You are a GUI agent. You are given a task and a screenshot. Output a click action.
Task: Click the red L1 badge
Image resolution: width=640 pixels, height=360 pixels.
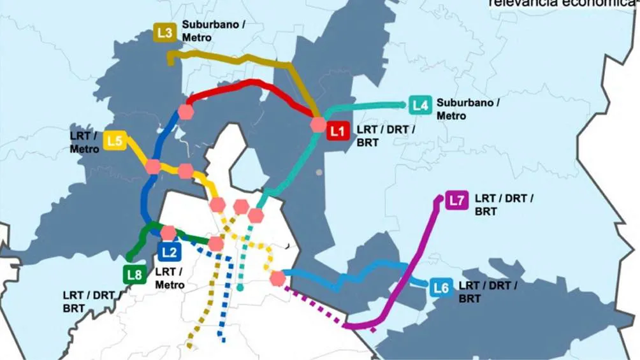tap(337, 132)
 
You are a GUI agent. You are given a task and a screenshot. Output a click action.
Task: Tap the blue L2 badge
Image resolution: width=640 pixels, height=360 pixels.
tap(169, 252)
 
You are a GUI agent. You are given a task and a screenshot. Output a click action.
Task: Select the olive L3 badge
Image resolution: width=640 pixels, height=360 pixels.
tap(164, 32)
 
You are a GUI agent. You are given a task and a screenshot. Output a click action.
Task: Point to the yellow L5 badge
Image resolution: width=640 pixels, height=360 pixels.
tap(115, 141)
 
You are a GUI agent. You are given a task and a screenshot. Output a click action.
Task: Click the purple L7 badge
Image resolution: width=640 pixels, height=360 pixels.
tap(456, 200)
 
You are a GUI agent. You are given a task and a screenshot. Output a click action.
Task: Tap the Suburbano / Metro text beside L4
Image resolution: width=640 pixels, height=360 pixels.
tap(468, 109)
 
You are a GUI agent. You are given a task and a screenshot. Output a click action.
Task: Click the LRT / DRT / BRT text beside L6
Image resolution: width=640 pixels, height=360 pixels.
tap(488, 292)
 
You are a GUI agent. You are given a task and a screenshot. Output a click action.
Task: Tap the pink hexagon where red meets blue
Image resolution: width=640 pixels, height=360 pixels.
tap(186, 111)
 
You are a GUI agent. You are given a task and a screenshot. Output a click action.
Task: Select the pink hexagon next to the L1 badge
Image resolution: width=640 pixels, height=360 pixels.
tap(318, 125)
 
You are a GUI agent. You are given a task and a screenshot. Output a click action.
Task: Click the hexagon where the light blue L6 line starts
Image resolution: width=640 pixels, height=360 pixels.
tap(277, 278)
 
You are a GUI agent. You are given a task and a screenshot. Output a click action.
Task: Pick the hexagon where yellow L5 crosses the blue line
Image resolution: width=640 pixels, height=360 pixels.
tap(153, 167)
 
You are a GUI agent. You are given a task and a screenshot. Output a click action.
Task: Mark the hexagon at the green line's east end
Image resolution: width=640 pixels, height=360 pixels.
tap(215, 243)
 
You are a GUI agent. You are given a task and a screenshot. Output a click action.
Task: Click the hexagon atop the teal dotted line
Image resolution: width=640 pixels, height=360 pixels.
tap(256, 215)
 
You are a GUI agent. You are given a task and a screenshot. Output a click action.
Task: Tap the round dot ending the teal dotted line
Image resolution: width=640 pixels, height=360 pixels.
tap(240, 288)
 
